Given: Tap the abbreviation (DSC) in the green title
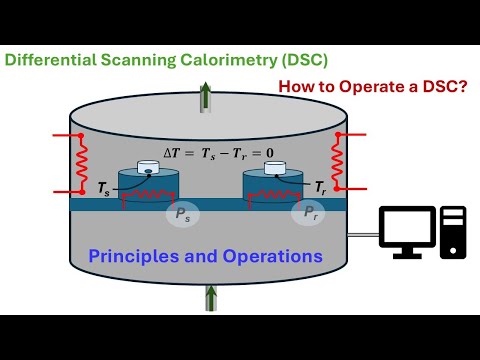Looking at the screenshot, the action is tap(301, 59).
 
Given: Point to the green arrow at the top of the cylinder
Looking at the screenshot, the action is tap(206, 96).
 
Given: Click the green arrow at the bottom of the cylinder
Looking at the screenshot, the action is tap(212, 297).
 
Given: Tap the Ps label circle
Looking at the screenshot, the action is tap(181, 213).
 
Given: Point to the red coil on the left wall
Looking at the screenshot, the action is tap(73, 163).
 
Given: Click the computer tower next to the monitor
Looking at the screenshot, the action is tap(453, 233).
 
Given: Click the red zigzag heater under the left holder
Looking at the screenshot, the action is tap(150, 196).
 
